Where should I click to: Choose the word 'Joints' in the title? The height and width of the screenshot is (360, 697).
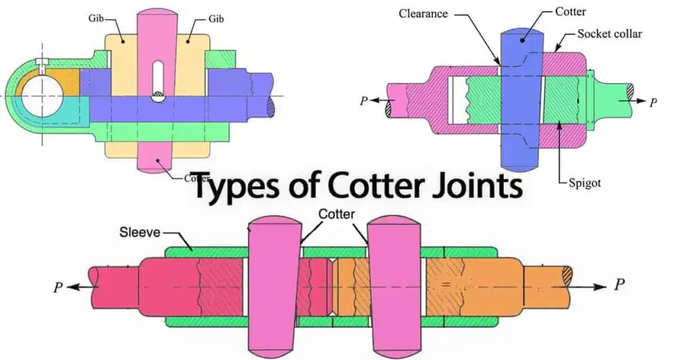click(x=470, y=186)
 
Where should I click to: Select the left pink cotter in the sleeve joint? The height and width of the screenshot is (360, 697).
click(x=273, y=286)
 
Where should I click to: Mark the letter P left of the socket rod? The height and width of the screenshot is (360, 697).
click(x=364, y=100)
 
